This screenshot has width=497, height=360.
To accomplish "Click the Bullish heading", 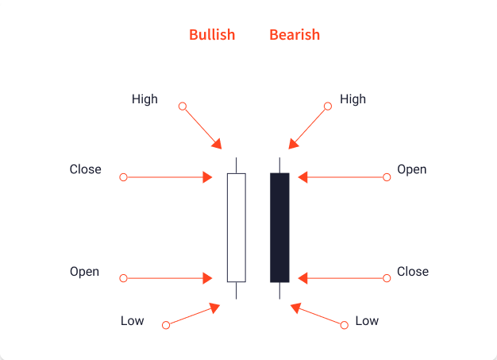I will pyautogui.click(x=212, y=35).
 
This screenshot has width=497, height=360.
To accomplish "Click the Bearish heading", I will pyautogui.click(x=295, y=35).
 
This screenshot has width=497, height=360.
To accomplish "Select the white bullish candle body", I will pyautogui.click(x=237, y=227).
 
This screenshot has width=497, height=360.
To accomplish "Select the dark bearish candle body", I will pyautogui.click(x=279, y=227).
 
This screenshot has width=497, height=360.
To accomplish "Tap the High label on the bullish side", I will pyautogui.click(x=144, y=99).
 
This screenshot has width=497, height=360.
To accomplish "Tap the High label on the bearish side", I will pyautogui.click(x=353, y=99).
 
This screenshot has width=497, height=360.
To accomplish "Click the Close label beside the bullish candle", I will pyautogui.click(x=85, y=169).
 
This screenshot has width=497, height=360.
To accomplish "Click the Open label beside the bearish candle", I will pyautogui.click(x=412, y=169).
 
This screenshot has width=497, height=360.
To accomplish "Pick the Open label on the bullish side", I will pyautogui.click(x=84, y=272).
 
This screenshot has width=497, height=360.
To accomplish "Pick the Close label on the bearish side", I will pyautogui.click(x=413, y=272).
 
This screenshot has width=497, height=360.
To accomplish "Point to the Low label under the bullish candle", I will pyautogui.click(x=132, y=321).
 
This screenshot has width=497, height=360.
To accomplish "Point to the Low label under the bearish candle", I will pyautogui.click(x=367, y=321).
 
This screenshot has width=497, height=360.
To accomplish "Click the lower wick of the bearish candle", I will pyautogui.click(x=279, y=291).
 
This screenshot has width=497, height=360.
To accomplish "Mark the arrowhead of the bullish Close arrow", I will pyautogui.click(x=209, y=176).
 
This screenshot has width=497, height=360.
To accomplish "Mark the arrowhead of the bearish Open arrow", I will pyautogui.click(x=303, y=176).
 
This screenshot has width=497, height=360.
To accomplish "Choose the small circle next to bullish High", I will pyautogui.click(x=183, y=106).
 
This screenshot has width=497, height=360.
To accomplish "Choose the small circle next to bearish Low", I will pyautogui.click(x=344, y=325).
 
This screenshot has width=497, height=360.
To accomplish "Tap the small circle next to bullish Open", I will pyautogui.click(x=123, y=278).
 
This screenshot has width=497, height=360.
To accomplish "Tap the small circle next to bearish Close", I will pyautogui.click(x=387, y=278).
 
